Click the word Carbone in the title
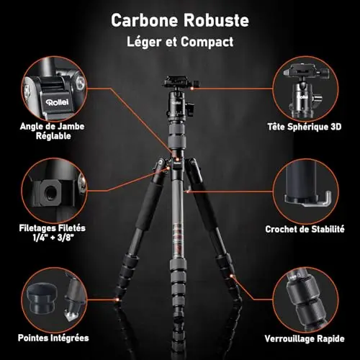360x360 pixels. tap(144, 20)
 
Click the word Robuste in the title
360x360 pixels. tap(216, 20)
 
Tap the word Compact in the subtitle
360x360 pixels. tap(207, 42)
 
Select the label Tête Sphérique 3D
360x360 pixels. tap(305, 127)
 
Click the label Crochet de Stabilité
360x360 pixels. tap(305, 229)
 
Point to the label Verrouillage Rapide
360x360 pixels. tap(305, 338)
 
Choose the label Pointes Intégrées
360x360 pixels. tap(53, 338)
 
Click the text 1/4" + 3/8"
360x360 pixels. tap(53, 238)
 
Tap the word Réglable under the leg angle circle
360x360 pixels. tap(53, 136)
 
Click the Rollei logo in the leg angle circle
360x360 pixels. tap(57, 102)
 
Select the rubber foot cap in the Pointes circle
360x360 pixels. tap(42, 299)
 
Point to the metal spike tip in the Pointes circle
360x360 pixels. tap(69, 316)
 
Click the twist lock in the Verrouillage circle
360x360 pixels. tap(305, 302)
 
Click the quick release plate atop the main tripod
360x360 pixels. tap(180, 81)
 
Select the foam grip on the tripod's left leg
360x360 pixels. tap(148, 206)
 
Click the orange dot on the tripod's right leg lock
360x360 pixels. tap(232, 276)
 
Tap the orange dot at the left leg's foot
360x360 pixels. tap(117, 300)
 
